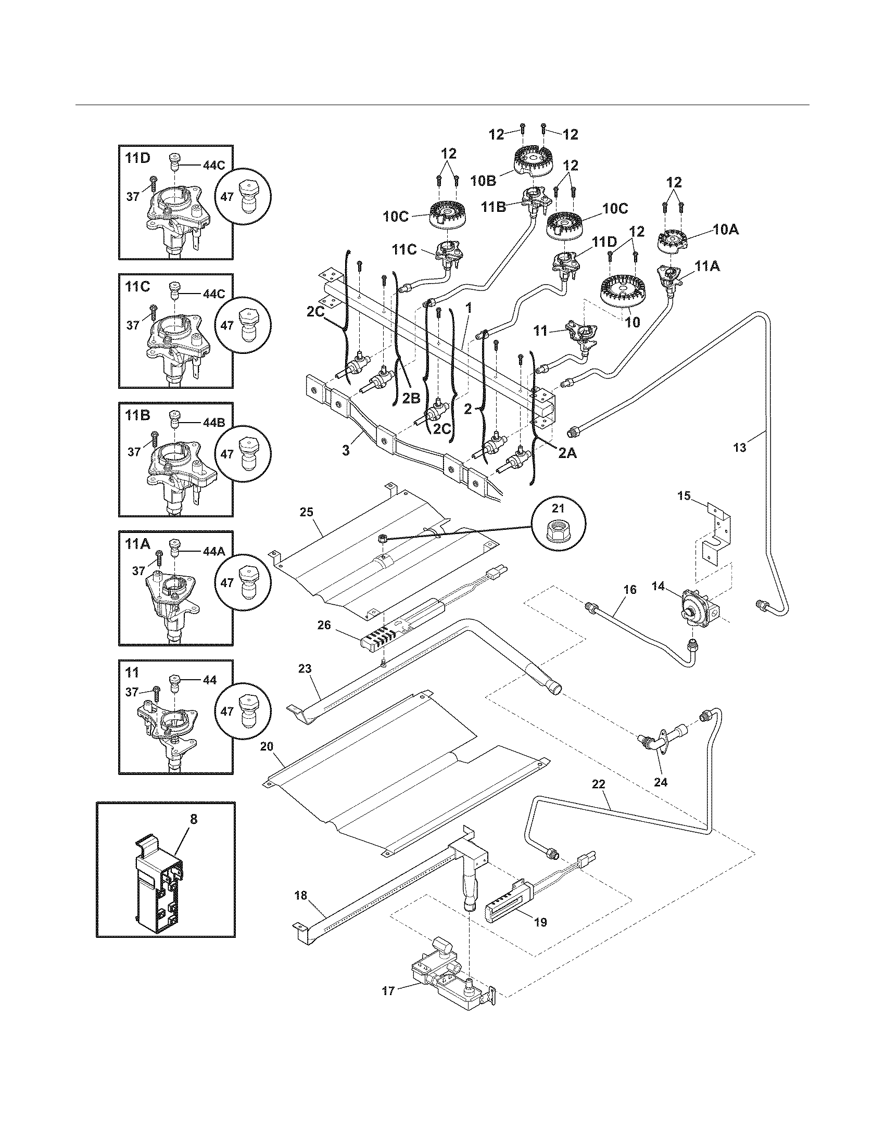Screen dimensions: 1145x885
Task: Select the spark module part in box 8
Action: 160,890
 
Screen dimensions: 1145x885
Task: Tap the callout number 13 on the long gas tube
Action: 740,448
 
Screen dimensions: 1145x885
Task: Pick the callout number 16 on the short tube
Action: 630,590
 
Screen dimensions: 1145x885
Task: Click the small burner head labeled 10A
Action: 673,241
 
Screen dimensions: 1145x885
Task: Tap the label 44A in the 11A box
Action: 212,551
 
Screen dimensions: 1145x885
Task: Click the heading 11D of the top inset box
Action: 138,158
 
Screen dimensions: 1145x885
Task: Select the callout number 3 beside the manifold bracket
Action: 346,450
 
